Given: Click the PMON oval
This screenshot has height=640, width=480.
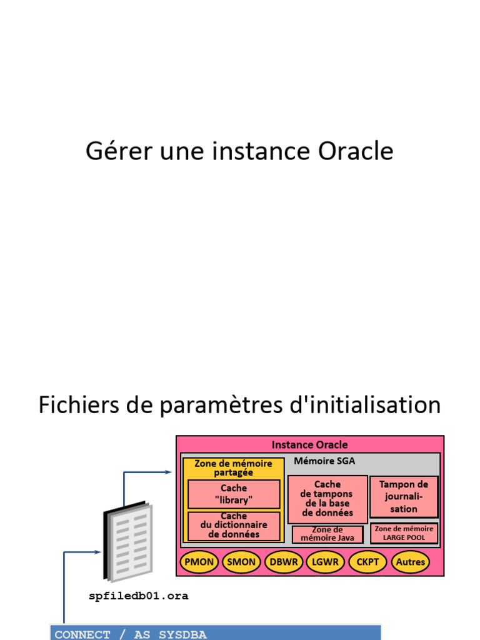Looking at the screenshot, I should pyautogui.click(x=199, y=562).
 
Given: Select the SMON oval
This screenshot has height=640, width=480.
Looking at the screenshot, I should pyautogui.click(x=241, y=562).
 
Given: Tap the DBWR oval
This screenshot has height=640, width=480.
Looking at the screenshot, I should pyautogui.click(x=284, y=562).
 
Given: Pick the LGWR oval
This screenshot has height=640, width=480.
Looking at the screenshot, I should pyautogui.click(x=326, y=562).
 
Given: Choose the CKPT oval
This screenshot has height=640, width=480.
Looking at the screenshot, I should pyautogui.click(x=367, y=562).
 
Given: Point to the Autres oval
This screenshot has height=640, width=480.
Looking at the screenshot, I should pyautogui.click(x=411, y=562).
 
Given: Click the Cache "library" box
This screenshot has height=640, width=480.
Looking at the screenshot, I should pyautogui.click(x=234, y=494).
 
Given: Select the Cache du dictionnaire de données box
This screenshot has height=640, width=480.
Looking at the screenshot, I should pyautogui.click(x=234, y=526).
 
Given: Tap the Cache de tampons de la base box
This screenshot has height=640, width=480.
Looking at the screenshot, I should pyautogui.click(x=327, y=499).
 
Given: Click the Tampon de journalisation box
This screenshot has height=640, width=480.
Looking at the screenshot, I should pyautogui.click(x=404, y=496).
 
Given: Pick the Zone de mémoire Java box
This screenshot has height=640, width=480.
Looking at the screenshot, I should pyautogui.click(x=327, y=534).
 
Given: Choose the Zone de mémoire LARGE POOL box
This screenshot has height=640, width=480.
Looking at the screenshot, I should pyautogui.click(x=404, y=533).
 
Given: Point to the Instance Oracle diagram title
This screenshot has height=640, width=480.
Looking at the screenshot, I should pyautogui.click(x=309, y=445).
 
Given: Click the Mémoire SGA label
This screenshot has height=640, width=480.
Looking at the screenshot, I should pyautogui.click(x=324, y=461).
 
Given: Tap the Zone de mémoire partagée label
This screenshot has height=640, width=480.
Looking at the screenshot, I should pyautogui.click(x=233, y=468).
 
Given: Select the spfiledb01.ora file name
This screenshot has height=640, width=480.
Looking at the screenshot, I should pyautogui.click(x=139, y=596).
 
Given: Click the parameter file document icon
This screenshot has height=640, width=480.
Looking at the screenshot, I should pyautogui.click(x=127, y=541).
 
